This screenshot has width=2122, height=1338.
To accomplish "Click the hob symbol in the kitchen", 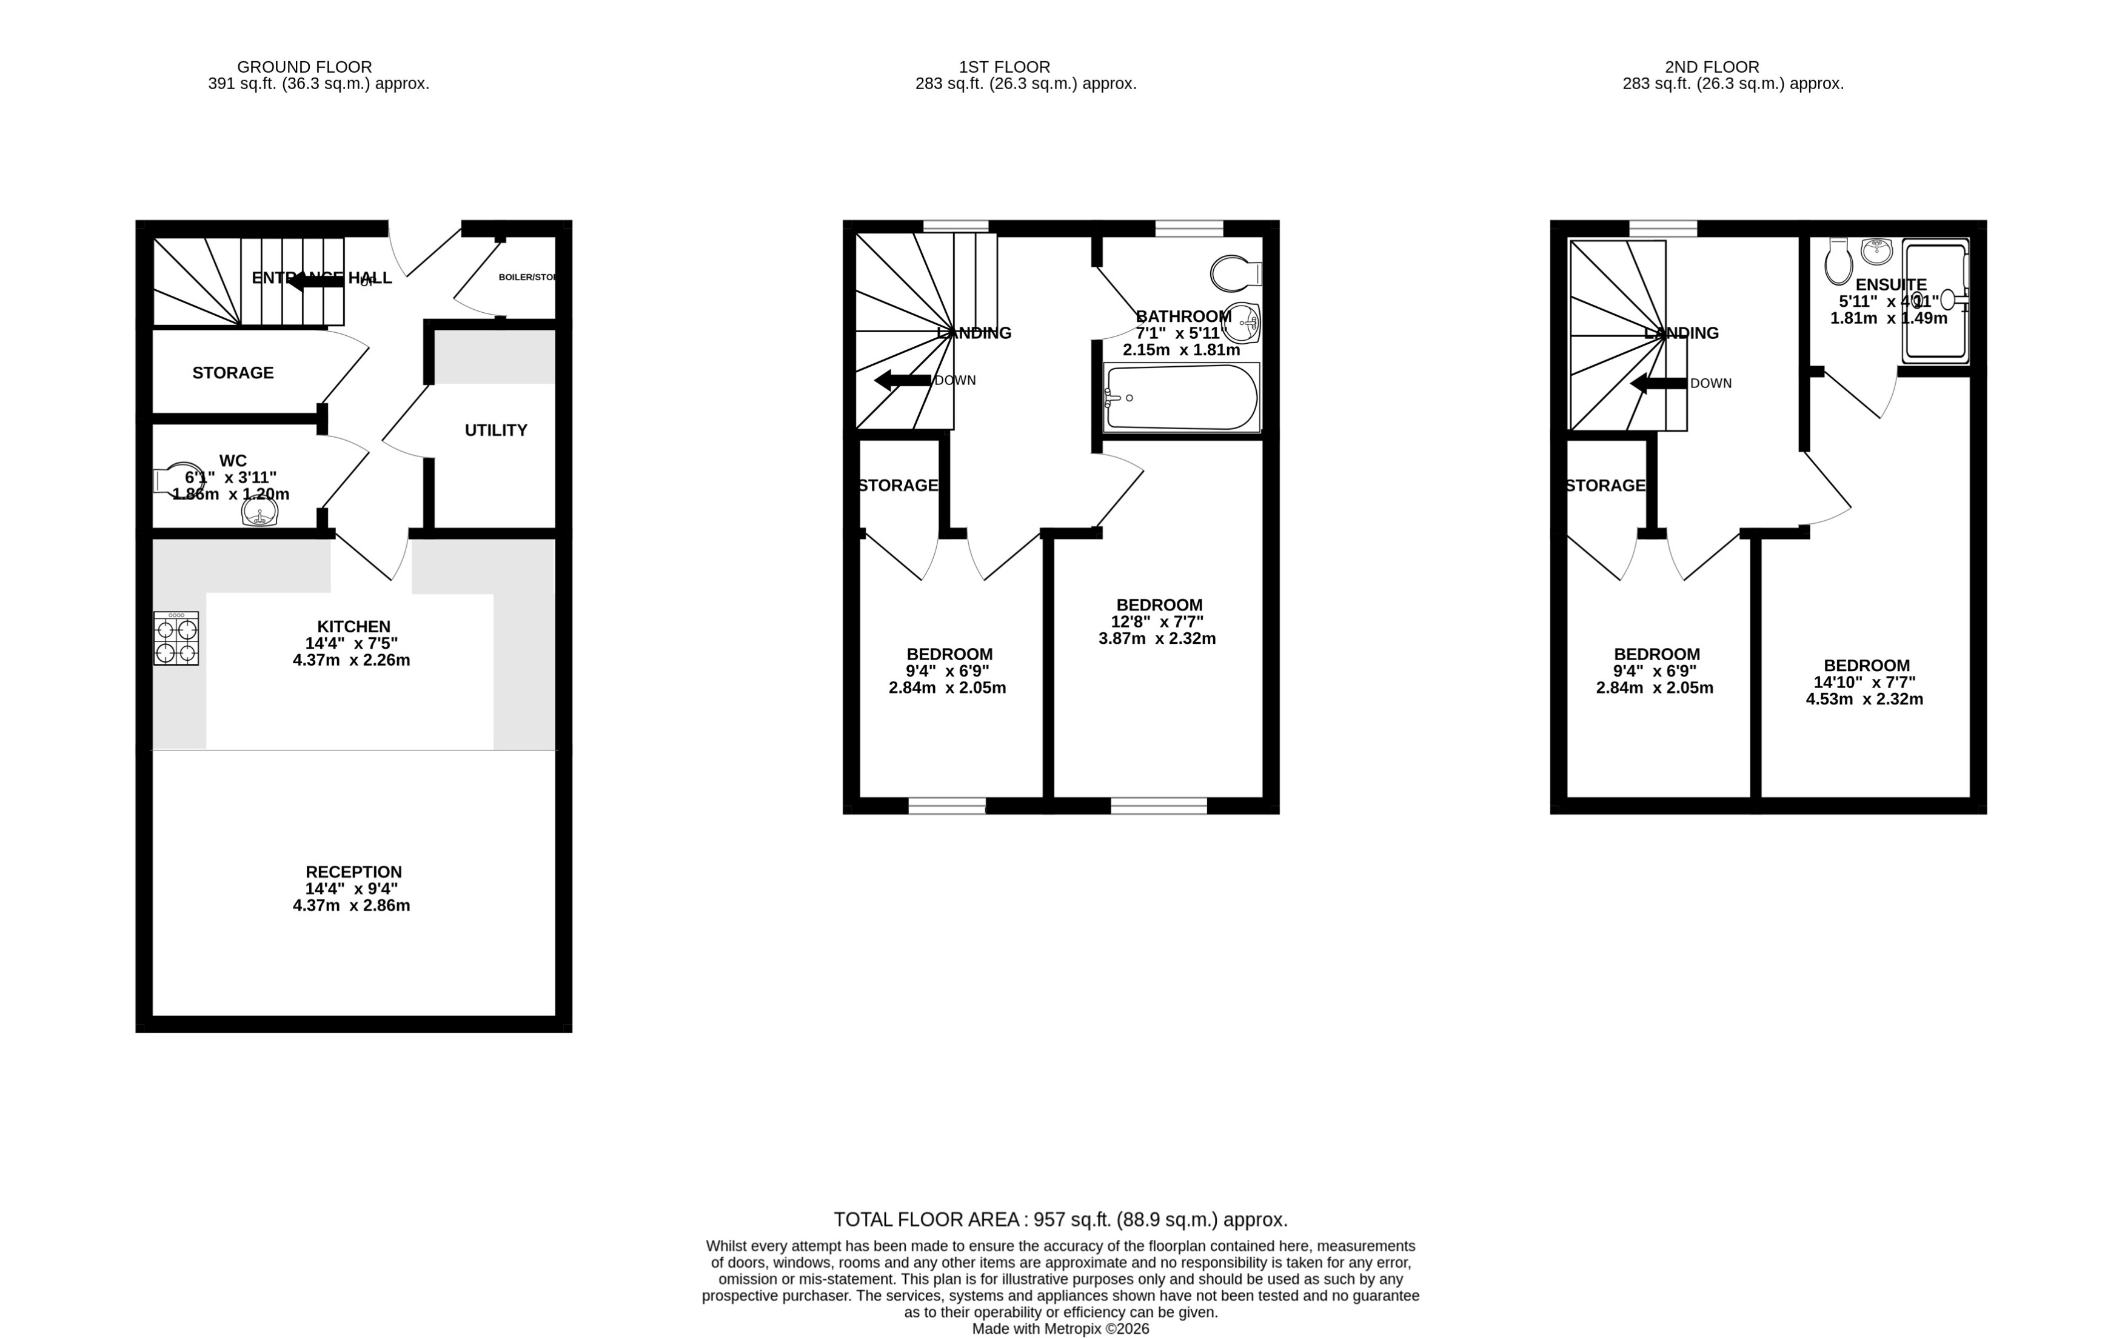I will tap(175, 638).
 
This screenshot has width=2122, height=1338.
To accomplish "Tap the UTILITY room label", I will tap(496, 430).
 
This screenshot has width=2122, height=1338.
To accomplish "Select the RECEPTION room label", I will tap(353, 872).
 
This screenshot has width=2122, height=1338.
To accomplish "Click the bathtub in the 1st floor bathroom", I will tap(1182, 398).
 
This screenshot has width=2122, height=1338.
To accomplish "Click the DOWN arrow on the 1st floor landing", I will tap(902, 381).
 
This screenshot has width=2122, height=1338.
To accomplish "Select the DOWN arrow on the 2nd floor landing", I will tap(1658, 383).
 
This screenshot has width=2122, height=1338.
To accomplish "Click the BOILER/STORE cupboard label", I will tap(527, 277).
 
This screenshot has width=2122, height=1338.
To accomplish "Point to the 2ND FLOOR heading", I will tap(1712, 67).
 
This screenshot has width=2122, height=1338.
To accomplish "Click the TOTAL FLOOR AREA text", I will tap(1060, 1220).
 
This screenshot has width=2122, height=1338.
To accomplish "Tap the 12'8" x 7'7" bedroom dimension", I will tap(1157, 622).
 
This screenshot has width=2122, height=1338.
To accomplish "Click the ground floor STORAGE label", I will tap(233, 373).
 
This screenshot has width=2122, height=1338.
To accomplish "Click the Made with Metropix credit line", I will tap(1060, 1329).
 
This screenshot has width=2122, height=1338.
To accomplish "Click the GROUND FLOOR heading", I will tap(304, 67).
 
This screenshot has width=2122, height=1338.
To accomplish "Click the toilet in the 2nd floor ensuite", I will tap(1838, 262).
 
